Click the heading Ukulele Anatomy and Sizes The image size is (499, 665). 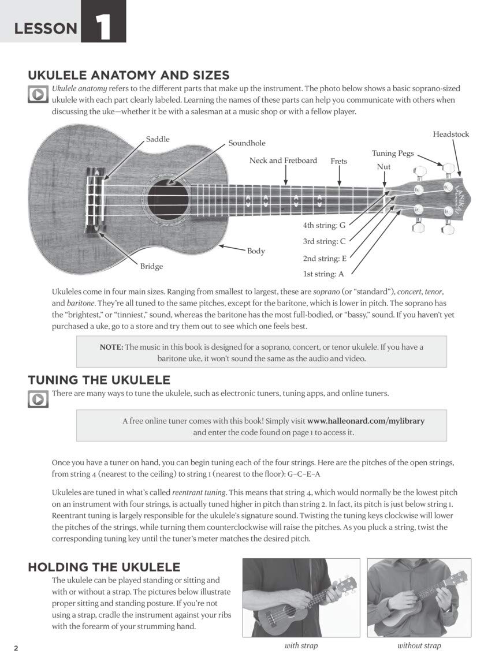128,75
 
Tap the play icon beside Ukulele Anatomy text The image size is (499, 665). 38,94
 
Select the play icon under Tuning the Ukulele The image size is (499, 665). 38,399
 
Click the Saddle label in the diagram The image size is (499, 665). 158,139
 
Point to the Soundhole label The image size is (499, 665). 247,143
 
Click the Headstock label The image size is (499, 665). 451,134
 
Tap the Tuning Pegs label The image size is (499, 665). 392,153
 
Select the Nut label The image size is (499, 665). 383,166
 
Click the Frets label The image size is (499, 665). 338,161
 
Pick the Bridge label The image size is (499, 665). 151,266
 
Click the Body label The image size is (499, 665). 256,251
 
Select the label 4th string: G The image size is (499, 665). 324,225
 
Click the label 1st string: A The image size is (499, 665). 323,274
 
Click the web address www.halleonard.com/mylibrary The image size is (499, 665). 366,421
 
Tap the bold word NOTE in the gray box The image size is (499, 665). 111,347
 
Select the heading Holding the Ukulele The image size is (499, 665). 104,567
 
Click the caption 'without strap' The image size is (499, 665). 419,645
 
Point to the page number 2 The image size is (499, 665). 16,648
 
